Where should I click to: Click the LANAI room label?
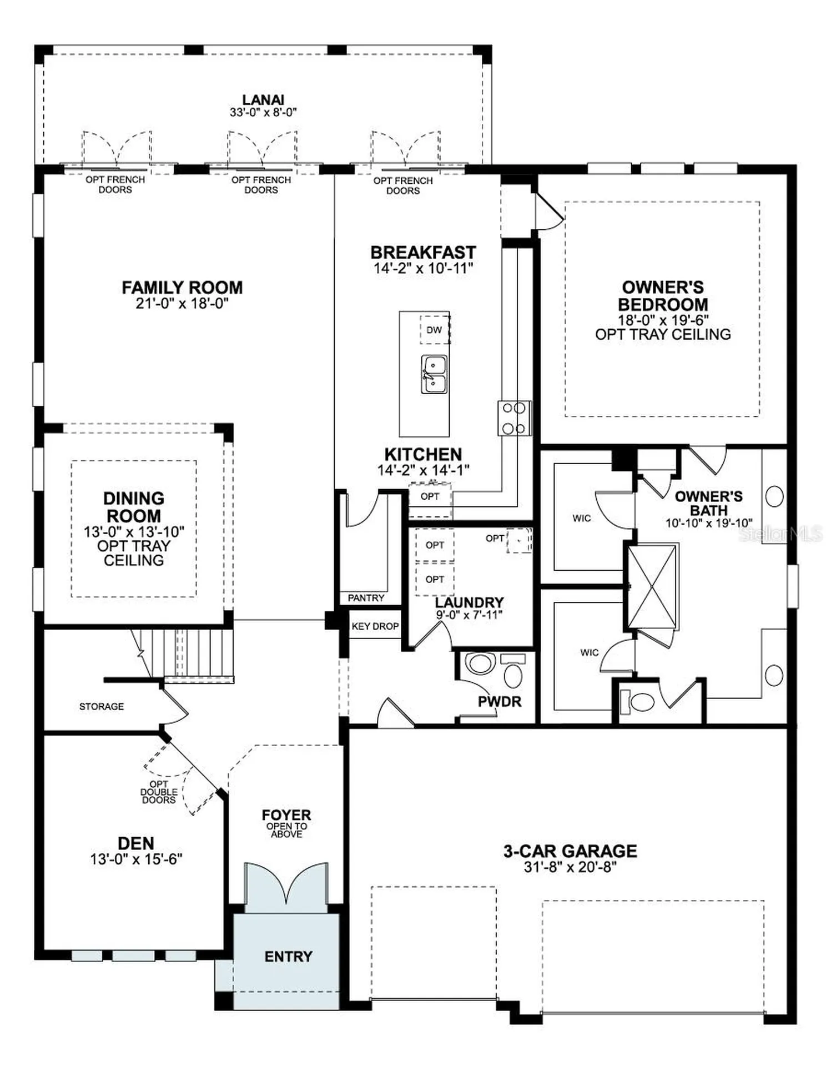263,100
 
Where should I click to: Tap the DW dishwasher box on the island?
434,330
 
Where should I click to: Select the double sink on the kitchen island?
434,375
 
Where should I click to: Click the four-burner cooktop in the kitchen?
513,418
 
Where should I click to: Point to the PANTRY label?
366,598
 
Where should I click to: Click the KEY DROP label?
375,626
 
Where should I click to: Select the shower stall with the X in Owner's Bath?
652,587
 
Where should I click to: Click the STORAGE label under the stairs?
102,706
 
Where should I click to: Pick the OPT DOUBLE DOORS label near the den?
159,792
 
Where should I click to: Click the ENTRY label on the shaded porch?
288,957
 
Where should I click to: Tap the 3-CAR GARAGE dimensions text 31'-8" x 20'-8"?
570,867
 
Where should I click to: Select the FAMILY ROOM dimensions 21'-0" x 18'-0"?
182,303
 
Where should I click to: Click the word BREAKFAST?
423,252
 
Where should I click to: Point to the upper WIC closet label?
582,519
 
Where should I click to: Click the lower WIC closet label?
590,652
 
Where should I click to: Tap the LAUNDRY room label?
469,602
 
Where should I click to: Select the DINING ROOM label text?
134,507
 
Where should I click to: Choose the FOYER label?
286,815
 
